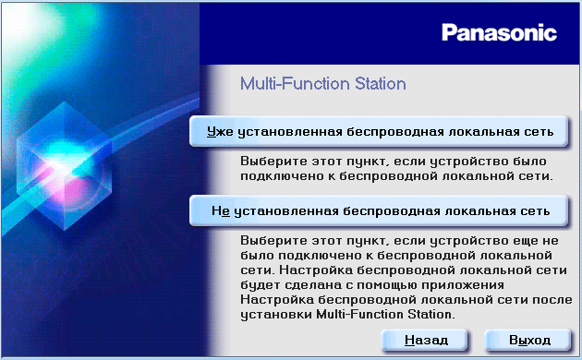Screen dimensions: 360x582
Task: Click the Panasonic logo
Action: click(499, 33)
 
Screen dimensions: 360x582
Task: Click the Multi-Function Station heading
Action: click(323, 84)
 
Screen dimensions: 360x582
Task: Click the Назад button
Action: click(427, 340)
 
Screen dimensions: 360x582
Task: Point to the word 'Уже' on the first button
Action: click(220, 132)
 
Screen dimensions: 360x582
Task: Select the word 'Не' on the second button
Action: click(220, 210)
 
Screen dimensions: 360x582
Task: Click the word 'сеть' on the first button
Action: click(537, 132)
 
